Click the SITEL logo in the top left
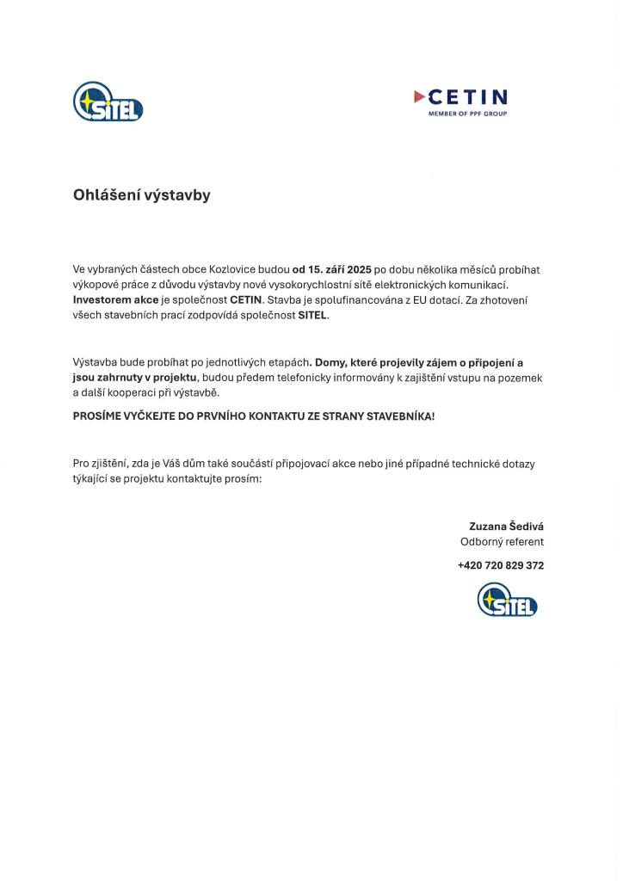108,102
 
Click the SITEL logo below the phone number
507,600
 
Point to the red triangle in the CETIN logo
419,96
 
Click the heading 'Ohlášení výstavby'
141,195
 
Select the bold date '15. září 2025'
332,269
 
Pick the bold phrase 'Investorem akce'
115,299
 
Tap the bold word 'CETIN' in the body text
245,299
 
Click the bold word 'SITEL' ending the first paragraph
312,315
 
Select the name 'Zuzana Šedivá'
506,526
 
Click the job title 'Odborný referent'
502,542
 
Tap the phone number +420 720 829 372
500,565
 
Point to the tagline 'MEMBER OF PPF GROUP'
467,114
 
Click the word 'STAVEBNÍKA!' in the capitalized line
401,416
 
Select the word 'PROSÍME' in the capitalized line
96,416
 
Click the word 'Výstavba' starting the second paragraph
96,362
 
